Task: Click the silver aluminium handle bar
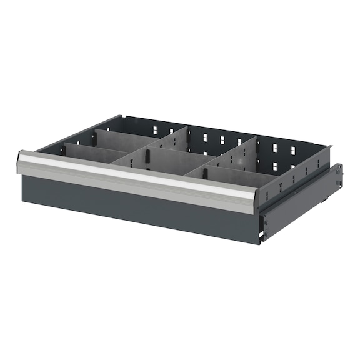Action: [x=137, y=178]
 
